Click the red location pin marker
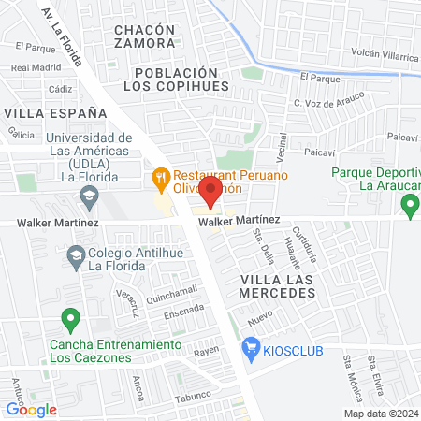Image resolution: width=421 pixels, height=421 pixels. (x=210, y=193)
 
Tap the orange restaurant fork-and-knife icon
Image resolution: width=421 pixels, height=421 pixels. (x=161, y=175)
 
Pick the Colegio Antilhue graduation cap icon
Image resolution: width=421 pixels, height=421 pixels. (x=75, y=253)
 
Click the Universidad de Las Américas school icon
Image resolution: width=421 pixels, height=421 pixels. (x=89, y=196)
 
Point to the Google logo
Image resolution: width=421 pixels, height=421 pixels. (x=31, y=409)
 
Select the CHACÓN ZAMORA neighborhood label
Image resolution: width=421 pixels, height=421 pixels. (x=144, y=36)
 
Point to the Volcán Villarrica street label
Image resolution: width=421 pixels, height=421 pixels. (x=385, y=56)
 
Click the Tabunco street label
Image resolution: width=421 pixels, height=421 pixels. (x=191, y=395)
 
